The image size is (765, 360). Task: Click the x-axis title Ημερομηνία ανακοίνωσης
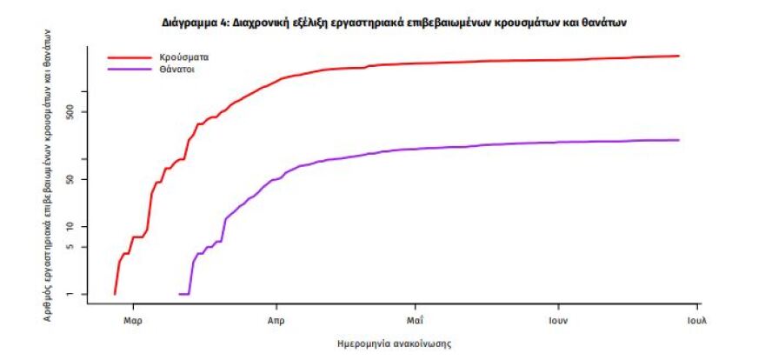click(393, 343)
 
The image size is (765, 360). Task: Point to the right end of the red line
click(679, 56)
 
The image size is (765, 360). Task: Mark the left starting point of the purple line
click(179, 294)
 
